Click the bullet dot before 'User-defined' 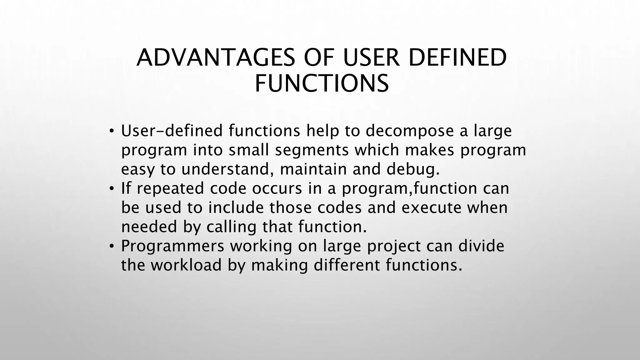click(x=112, y=132)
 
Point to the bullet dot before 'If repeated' click(x=112, y=189)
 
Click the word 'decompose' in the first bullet click(x=409, y=131)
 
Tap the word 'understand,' click(x=225, y=169)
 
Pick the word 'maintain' click(x=313, y=169)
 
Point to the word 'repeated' click(x=170, y=189)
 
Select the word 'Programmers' click(x=172, y=246)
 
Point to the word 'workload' click(x=187, y=265)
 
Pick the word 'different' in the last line click(x=346, y=265)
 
